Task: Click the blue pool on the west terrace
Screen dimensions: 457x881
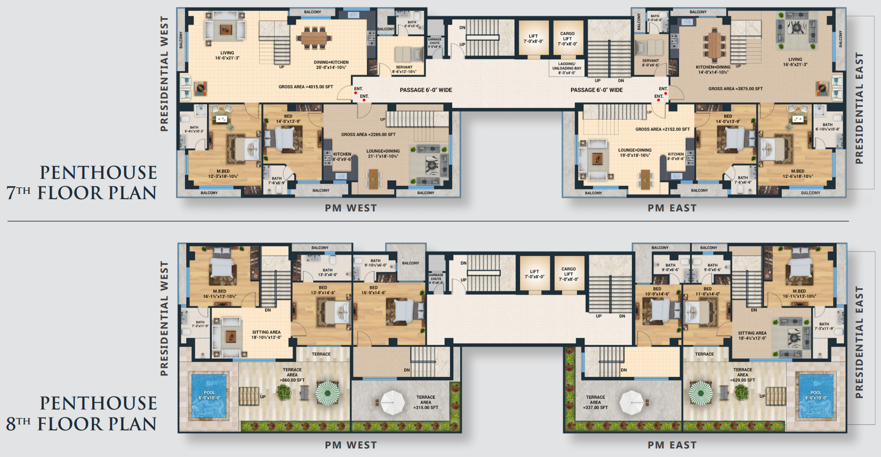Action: click(209, 396)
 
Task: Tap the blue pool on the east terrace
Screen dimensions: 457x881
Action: click(815, 396)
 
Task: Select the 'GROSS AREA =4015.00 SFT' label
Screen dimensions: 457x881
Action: click(306, 86)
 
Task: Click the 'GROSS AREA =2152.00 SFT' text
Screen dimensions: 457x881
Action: click(662, 129)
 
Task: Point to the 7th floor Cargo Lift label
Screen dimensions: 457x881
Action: click(567, 38)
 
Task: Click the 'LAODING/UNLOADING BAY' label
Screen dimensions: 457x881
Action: click(567, 68)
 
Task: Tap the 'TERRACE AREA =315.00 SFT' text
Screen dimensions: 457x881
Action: click(426, 403)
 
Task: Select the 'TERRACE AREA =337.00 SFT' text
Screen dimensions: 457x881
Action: click(596, 403)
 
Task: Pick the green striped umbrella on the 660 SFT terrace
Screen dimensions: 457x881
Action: click(327, 393)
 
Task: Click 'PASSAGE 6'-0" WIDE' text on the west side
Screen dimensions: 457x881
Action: click(426, 90)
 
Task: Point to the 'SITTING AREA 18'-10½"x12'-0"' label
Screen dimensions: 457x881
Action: click(266, 335)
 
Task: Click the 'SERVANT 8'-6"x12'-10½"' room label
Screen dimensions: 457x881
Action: click(404, 69)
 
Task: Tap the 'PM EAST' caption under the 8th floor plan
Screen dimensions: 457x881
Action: click(672, 445)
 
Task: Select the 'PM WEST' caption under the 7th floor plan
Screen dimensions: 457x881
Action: click(351, 208)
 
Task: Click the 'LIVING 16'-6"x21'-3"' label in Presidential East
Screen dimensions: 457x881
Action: click(795, 62)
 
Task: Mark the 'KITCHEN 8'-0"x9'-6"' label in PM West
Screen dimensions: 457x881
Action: click(342, 156)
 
